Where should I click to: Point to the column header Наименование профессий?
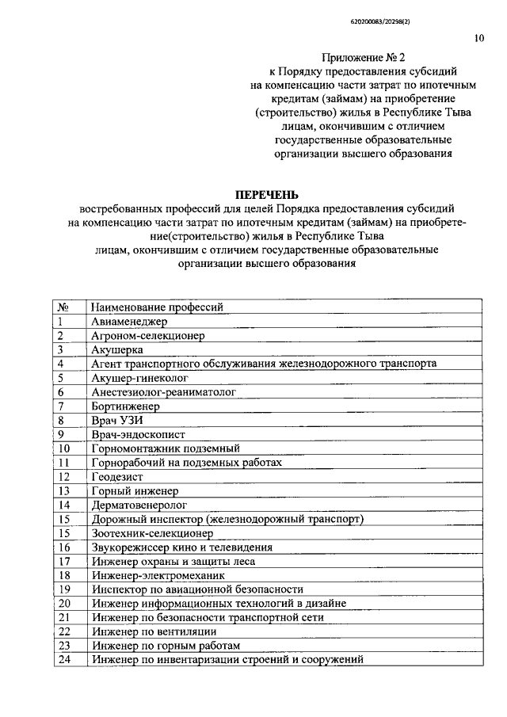click(x=158, y=307)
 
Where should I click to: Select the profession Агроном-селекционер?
click(x=148, y=335)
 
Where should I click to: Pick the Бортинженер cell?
click(x=126, y=406)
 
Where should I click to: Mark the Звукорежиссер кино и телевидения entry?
click(x=181, y=547)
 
